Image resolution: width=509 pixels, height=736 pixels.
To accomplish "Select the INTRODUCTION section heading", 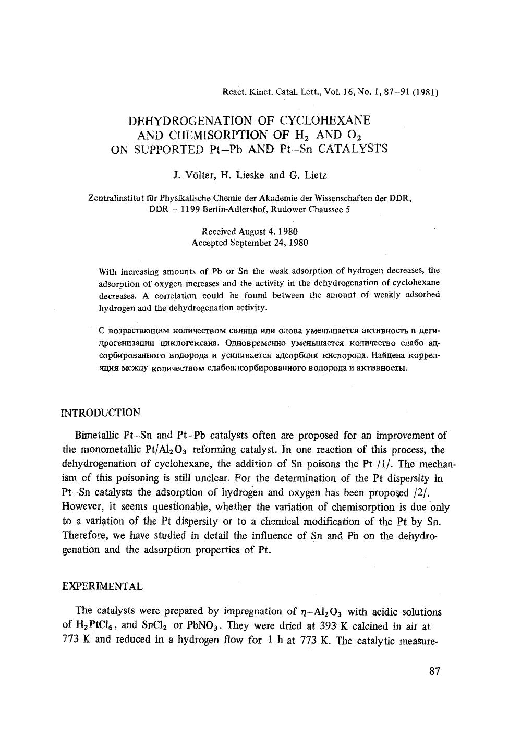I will coord(101,413).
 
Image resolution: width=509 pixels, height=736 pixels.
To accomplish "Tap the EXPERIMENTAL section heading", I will coord(102,586).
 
